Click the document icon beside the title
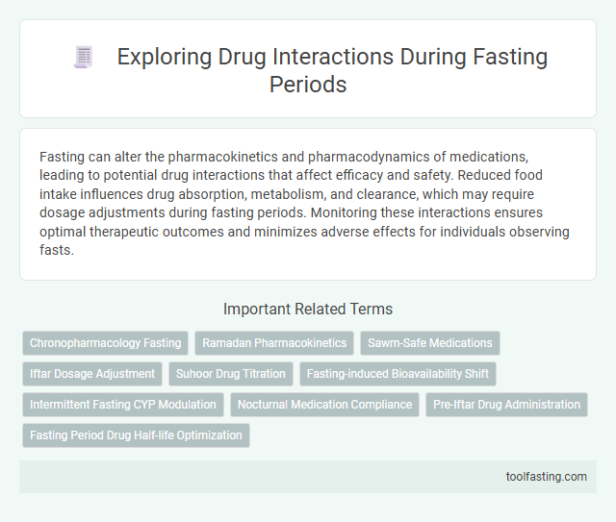pos(83,58)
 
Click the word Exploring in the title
pos(160,58)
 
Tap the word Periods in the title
pos(308,85)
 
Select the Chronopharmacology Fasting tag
pos(105,343)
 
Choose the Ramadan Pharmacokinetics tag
pos(274,343)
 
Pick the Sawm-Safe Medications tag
pos(430,343)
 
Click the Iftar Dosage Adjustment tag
pos(92,374)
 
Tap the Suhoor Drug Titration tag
pos(231,374)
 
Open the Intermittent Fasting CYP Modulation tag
pos(124,405)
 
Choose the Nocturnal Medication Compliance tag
pos(326,405)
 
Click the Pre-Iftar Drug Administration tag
pos(506,405)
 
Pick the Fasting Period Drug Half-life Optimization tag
pos(136,435)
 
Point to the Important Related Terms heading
pos(308,309)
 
